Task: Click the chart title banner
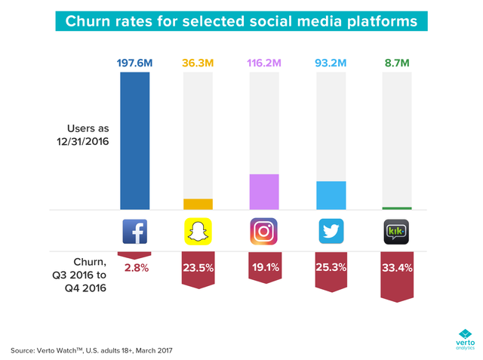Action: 241,20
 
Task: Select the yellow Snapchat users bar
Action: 199,204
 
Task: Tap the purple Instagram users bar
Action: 263,192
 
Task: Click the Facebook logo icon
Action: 135,232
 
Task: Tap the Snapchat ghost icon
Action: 199,232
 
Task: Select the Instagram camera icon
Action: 263,232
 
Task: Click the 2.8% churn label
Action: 135,268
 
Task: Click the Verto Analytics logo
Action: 463,338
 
